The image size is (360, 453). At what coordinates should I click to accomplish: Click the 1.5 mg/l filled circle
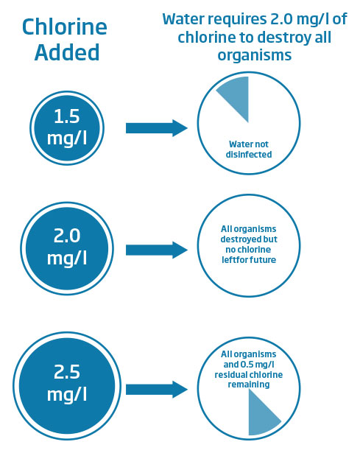point(67,128)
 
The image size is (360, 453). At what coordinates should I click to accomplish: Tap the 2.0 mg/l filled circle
point(67,248)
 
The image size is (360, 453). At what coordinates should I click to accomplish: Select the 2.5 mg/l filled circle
point(67,386)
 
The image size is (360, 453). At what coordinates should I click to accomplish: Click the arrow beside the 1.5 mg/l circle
point(157,128)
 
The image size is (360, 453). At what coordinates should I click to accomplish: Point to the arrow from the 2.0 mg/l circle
point(157,250)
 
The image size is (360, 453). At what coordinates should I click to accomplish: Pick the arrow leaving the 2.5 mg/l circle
point(157,390)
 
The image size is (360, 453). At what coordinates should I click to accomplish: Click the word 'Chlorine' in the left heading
point(65,27)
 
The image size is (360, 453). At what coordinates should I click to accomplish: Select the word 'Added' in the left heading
point(67,52)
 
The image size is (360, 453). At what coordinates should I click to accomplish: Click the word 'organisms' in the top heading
point(254,55)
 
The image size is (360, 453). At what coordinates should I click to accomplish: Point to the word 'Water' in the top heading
point(183,19)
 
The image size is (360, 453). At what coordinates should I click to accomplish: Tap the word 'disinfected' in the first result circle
point(249,154)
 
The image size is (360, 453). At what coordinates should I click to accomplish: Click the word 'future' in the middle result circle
point(263,260)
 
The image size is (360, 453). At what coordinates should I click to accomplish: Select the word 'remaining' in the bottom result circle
point(249,384)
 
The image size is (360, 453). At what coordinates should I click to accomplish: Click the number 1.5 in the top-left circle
point(67,116)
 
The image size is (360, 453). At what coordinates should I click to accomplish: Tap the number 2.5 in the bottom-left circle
point(67,372)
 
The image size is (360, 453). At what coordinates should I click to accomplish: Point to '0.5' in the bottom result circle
point(247,365)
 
